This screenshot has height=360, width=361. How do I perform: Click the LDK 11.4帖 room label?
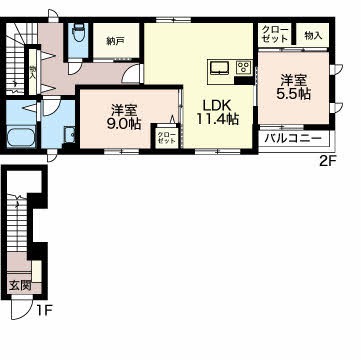(218, 112)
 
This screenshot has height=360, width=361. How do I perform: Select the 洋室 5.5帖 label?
(293, 87)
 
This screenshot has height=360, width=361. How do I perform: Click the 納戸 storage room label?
(115, 41)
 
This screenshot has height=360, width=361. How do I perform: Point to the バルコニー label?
(293, 139)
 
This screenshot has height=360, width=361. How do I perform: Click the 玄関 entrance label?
(20, 285)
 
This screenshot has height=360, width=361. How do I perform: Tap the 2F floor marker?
(327, 162)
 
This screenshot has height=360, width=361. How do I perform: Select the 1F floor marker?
(44, 311)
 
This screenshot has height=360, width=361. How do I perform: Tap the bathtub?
(21, 137)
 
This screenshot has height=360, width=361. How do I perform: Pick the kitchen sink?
(219, 68)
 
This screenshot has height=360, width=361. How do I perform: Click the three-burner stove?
(244, 68)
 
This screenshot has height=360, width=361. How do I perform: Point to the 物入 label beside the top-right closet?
(313, 35)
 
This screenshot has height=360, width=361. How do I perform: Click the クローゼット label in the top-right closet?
(275, 34)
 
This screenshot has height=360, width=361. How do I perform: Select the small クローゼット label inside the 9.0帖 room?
(166, 138)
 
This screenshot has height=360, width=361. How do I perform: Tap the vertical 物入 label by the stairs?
(33, 72)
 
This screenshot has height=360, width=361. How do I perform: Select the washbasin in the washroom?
(70, 135)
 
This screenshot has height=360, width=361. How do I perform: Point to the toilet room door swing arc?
(75, 67)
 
